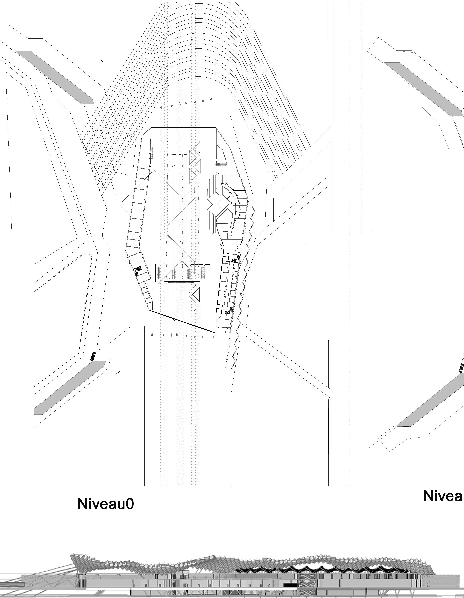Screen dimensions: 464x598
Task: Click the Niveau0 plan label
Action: (x=106, y=504)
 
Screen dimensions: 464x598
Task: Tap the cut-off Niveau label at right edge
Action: (x=443, y=496)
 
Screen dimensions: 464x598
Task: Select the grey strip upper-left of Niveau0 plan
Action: (x=55, y=77)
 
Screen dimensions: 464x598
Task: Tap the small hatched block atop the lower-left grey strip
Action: (x=93, y=356)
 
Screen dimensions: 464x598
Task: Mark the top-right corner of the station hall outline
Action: (x=216, y=128)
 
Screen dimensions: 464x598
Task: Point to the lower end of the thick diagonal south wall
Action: (x=216, y=333)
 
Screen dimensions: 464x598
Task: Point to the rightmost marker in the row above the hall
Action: (x=211, y=99)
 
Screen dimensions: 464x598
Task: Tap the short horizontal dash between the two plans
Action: (x=373, y=231)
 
